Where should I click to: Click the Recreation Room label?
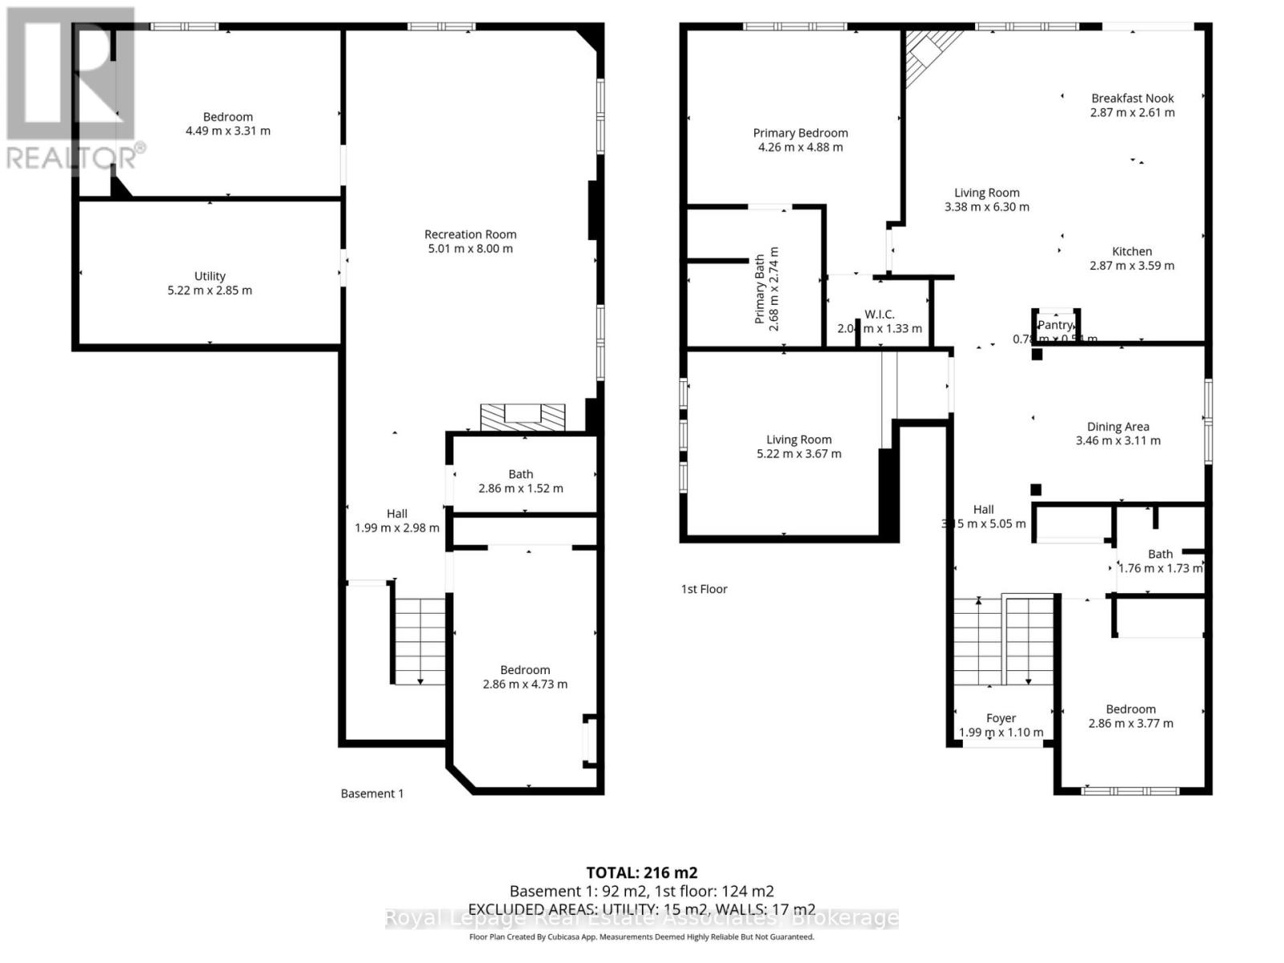(470, 234)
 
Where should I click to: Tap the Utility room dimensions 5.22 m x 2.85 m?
(209, 291)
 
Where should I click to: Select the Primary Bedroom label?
(800, 133)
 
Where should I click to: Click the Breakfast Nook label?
(1132, 98)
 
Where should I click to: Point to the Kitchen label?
(1132, 251)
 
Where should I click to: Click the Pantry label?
(1054, 325)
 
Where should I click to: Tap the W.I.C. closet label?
(880, 315)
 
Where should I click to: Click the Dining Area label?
(1118, 427)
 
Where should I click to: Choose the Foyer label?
(1001, 718)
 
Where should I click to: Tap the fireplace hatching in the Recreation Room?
(522, 417)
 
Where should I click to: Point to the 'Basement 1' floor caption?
(372, 794)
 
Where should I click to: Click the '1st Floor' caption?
(704, 589)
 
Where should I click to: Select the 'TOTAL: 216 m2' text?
(641, 873)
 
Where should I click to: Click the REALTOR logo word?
(76, 157)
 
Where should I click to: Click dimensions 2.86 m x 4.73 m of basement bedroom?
(525, 685)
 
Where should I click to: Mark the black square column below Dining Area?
(1036, 490)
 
